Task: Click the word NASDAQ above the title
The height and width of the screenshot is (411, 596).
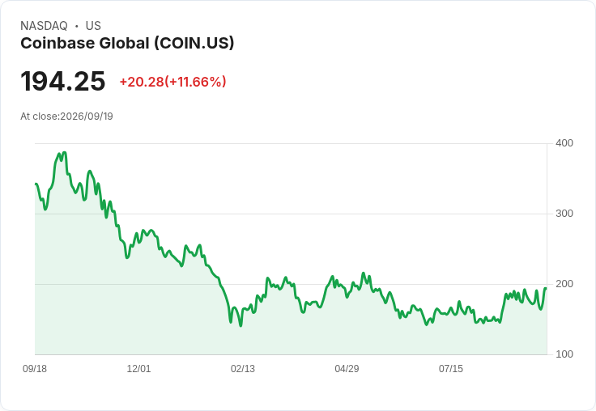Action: coord(44,26)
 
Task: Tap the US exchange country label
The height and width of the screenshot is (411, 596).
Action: coord(93,26)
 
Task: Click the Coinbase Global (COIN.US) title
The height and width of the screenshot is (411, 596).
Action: coord(127,44)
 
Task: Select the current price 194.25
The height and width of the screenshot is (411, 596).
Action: coord(62,81)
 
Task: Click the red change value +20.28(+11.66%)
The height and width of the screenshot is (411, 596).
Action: coord(173,82)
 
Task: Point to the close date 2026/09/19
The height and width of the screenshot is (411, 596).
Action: coord(87,117)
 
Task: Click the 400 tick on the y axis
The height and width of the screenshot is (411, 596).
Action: coord(564,143)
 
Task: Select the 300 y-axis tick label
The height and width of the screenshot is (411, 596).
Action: coord(564,214)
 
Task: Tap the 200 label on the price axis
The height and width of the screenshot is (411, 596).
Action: coord(564,284)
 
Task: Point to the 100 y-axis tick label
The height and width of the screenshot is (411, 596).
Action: coord(564,354)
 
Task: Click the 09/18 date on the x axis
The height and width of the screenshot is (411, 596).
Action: coord(35,368)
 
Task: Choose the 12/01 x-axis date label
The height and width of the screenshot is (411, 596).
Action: coord(138,368)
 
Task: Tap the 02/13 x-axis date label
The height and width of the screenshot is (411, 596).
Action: coord(243,368)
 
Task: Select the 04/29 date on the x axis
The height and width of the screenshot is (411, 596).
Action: coord(347,368)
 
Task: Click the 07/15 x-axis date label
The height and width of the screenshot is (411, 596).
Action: coord(451,368)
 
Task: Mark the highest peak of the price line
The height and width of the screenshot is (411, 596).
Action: coord(65,153)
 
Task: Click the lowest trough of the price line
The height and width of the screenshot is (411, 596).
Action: coord(241,325)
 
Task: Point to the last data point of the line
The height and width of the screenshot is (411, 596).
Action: coord(547,288)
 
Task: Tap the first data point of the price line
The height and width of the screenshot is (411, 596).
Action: coord(36,184)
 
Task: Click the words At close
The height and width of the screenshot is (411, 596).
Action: coord(40,117)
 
